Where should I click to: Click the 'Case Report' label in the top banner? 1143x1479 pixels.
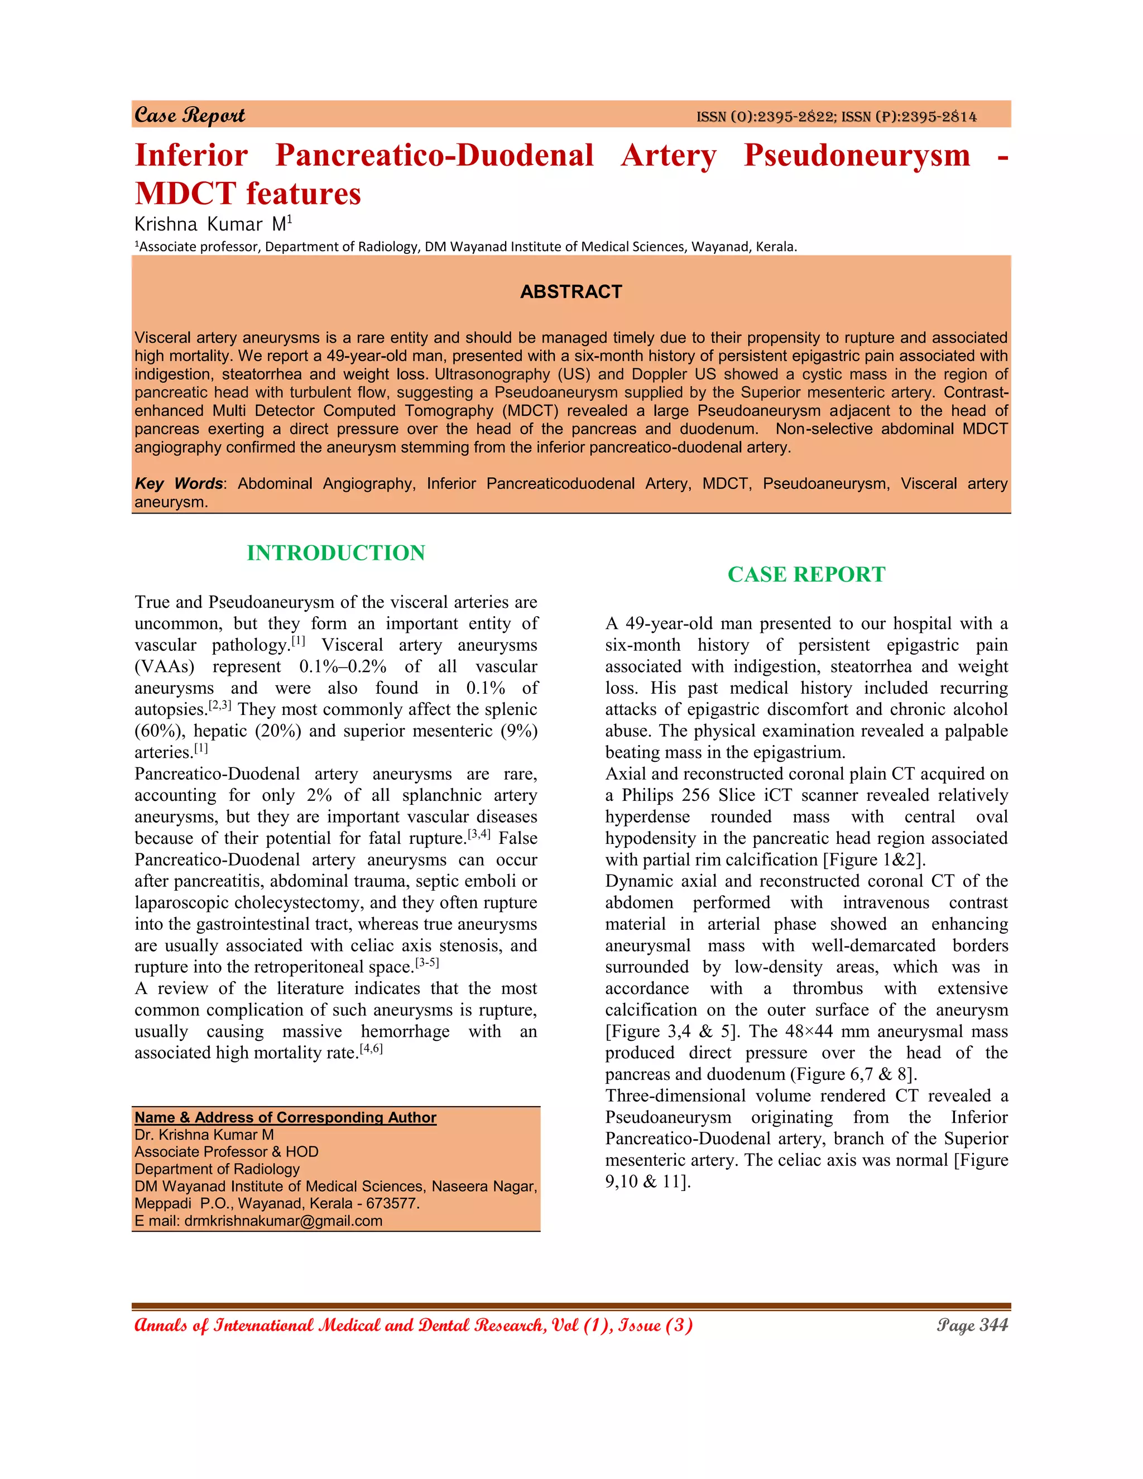coord(190,115)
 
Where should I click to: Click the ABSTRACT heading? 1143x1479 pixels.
coord(571,292)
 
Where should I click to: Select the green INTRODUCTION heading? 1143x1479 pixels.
coord(336,553)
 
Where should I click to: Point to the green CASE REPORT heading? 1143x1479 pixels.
coord(806,574)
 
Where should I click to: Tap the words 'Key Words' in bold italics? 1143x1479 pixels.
coord(178,483)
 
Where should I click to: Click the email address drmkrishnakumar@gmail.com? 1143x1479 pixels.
coord(283,1221)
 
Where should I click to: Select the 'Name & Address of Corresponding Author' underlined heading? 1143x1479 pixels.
coord(285,1117)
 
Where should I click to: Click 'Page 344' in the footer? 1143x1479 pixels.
coord(972,1326)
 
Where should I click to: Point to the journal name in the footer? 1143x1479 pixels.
coord(413,1326)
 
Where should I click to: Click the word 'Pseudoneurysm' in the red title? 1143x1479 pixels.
coord(857,155)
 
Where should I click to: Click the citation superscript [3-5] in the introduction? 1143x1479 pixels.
coord(428,962)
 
